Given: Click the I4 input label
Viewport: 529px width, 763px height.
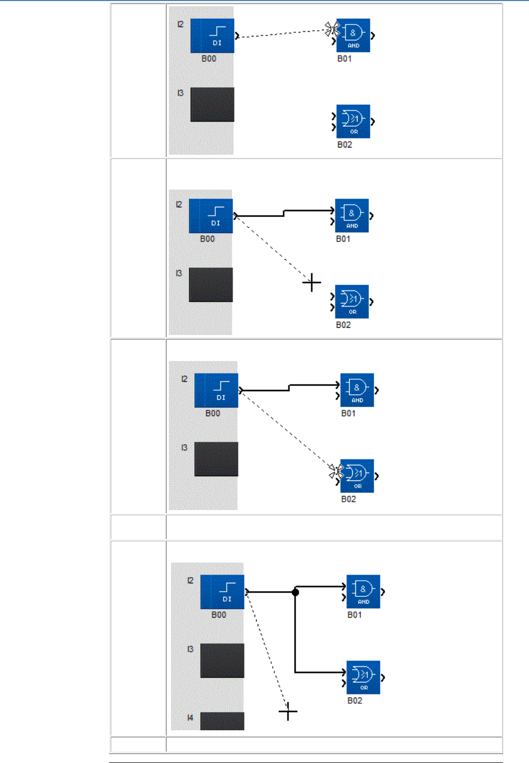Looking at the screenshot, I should tap(190, 717).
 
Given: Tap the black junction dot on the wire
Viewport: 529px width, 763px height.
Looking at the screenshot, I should tap(295, 592).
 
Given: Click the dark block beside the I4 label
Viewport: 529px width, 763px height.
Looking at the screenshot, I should tap(222, 721).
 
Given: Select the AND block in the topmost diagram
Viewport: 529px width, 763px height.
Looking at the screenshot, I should tap(353, 35).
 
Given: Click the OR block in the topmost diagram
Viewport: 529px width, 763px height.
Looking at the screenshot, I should tap(353, 121).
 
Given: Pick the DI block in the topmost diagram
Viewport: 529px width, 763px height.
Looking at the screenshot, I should tap(212, 36).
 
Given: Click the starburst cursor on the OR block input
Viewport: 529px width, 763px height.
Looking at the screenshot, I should tap(335, 472).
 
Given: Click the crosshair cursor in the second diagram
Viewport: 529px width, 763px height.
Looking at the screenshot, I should tap(311, 283).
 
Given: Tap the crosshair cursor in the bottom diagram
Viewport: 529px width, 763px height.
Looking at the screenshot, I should tap(288, 712).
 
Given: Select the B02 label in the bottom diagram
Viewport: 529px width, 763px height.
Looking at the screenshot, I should tap(354, 701).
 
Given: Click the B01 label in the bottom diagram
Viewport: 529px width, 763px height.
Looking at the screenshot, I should tap(354, 615).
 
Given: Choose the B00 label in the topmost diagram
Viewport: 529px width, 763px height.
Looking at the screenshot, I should tap(208, 59).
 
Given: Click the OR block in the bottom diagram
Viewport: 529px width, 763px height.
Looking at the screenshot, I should tap(363, 677).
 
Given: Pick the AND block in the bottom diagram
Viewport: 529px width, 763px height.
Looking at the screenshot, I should tap(363, 592).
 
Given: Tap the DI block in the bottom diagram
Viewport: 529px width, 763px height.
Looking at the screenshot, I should tap(222, 592).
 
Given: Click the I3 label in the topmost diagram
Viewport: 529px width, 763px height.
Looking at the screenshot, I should tap(180, 93).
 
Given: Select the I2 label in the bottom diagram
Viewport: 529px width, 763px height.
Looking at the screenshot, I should tap(190, 580).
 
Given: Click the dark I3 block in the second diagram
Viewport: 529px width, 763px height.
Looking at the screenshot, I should tap(210, 285).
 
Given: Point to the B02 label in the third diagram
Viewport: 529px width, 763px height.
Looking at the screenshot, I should tap(348, 499).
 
